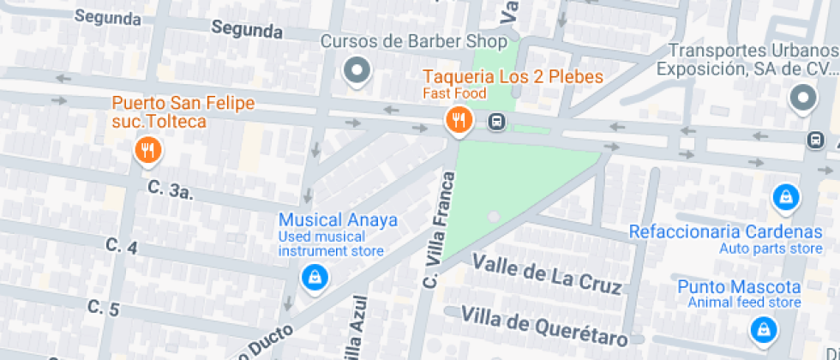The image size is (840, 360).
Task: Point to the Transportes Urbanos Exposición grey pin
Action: (803, 99)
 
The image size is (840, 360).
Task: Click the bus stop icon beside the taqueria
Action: (496, 122)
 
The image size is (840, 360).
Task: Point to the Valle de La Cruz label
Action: (547, 273)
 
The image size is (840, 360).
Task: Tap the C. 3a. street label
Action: (170, 189)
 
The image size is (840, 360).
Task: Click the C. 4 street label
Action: (122, 245)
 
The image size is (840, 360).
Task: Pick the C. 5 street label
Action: (102, 307)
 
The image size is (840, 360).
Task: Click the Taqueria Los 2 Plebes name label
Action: (513, 77)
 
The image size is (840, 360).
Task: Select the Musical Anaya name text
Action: (338, 220)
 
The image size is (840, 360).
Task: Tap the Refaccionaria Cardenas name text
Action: (725, 232)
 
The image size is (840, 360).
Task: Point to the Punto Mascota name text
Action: (739, 287)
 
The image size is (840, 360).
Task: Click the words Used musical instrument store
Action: (331, 243)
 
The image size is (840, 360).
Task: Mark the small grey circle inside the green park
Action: (493, 217)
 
